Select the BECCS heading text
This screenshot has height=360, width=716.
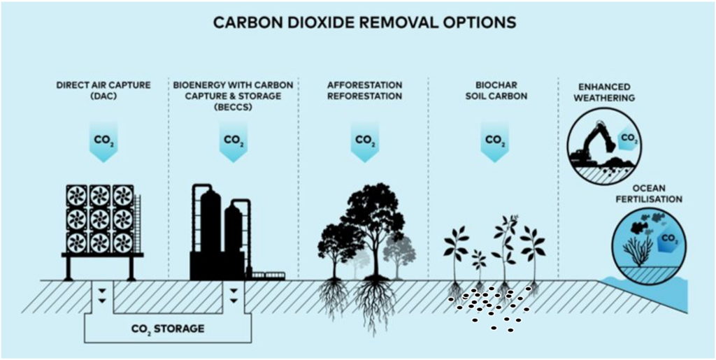[x=233, y=95]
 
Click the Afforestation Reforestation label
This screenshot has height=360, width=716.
[x=364, y=90]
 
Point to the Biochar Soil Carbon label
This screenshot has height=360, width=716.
[x=494, y=90]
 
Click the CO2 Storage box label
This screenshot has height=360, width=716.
[x=169, y=328]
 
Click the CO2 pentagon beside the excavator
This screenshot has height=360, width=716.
[x=628, y=139]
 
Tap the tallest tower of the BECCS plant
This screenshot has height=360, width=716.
[x=210, y=224]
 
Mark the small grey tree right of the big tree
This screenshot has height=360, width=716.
[x=401, y=252]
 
